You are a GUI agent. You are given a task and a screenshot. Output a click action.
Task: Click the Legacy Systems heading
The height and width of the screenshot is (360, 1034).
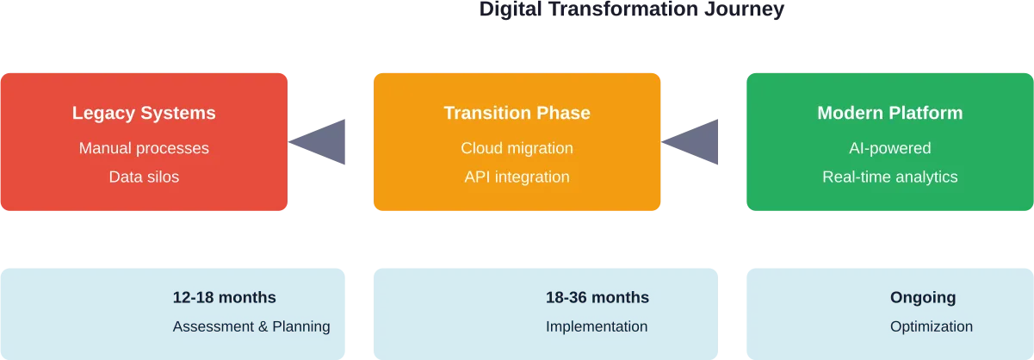click(144, 113)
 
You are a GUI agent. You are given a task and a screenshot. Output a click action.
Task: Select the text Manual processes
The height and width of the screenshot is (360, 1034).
click(144, 148)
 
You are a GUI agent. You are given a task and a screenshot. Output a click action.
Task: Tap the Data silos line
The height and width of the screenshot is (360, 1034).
click(144, 177)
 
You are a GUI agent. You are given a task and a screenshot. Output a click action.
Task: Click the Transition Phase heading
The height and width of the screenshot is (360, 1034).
click(517, 113)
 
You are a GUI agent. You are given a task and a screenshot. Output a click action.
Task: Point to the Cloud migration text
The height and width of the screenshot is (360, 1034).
click(517, 148)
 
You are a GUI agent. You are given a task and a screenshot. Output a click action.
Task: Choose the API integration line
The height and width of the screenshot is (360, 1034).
click(517, 177)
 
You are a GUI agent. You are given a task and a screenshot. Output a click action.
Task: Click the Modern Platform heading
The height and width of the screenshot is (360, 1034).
click(889, 113)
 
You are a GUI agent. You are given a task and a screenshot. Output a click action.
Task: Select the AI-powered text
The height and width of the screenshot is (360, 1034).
click(889, 148)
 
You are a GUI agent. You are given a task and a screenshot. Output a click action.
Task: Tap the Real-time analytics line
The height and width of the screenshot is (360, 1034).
click(889, 177)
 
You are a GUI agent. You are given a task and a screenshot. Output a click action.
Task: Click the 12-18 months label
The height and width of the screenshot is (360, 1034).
click(224, 298)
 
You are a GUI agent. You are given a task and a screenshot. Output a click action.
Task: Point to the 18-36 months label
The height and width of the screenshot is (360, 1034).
click(597, 298)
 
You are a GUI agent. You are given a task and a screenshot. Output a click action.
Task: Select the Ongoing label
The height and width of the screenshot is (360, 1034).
click(922, 298)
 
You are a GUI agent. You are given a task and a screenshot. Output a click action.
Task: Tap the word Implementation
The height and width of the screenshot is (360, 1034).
click(597, 326)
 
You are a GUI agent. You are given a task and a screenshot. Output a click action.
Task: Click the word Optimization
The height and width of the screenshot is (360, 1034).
click(932, 326)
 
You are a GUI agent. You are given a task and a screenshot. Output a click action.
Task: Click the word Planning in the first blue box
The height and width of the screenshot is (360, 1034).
click(300, 326)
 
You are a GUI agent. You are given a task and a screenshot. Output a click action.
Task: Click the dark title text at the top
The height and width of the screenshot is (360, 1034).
click(630, 10)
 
